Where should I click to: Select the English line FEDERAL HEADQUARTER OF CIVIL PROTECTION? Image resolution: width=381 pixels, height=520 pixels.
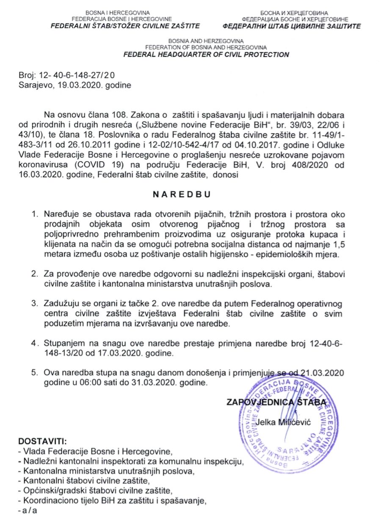pyautogui.click(x=206, y=55)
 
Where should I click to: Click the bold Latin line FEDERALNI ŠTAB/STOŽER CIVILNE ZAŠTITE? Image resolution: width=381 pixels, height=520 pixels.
pyautogui.click(x=125, y=26)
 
